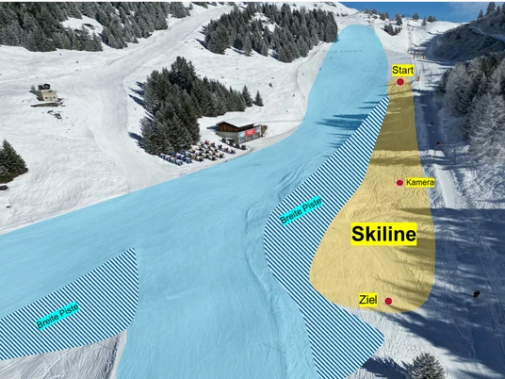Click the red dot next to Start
click(x=400, y=82)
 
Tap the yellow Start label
click(x=402, y=70)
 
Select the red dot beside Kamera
click(x=400, y=182)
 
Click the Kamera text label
click(x=420, y=182)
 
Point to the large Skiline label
click(x=383, y=235)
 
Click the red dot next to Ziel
click(x=388, y=302)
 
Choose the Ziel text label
click(x=368, y=300)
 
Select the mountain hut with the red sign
click(x=236, y=131)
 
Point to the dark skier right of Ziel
click(x=477, y=293)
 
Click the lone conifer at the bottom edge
click(x=426, y=367)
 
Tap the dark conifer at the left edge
click(x=11, y=159)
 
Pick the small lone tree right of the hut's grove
click(x=258, y=98)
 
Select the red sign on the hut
click(x=250, y=134)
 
